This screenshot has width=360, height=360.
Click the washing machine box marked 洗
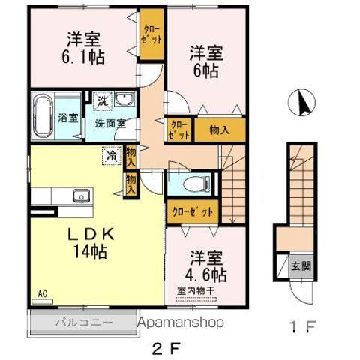click(x=100, y=100)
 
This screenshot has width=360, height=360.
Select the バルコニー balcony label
click(x=82, y=323)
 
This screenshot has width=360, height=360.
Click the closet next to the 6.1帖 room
click(x=152, y=36)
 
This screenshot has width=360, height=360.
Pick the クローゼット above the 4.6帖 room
click(x=194, y=211)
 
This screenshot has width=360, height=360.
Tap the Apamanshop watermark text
click(x=180, y=323)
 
